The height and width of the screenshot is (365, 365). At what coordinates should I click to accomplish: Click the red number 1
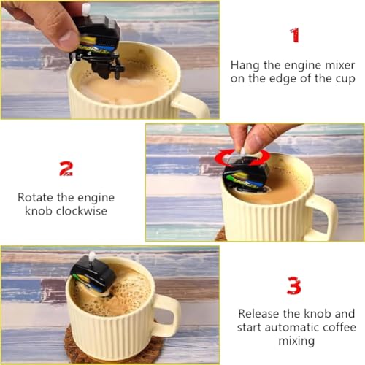pos(294,35)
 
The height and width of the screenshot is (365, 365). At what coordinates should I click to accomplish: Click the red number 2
pos(66,169)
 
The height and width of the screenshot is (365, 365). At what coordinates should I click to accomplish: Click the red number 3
pos(293,284)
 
